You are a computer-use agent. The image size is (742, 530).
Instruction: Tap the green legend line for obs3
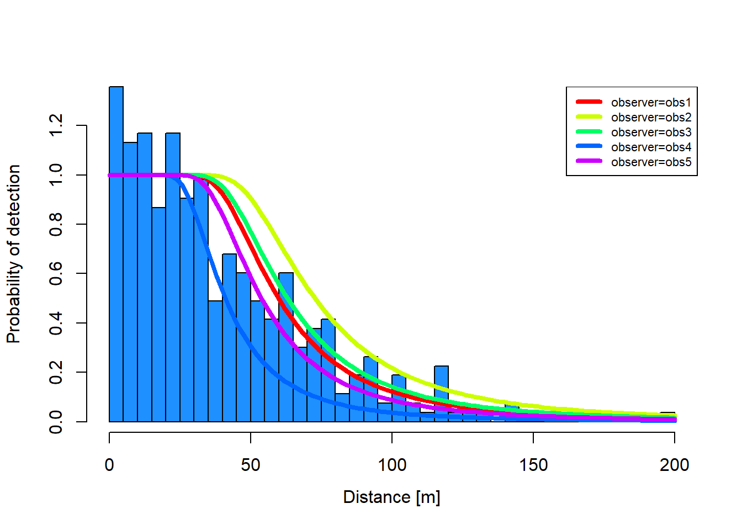[x=589, y=132]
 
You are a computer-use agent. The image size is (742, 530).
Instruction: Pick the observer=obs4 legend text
[x=651, y=147]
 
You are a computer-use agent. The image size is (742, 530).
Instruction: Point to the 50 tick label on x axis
[x=251, y=465]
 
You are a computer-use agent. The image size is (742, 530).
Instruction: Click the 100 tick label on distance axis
[x=392, y=465]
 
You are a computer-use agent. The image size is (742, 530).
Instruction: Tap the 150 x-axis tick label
[x=533, y=465]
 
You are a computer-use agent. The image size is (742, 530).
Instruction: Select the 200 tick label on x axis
[x=674, y=465]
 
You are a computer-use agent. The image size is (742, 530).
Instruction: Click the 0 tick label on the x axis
[x=109, y=465]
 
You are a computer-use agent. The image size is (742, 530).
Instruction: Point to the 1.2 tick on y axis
[x=56, y=126]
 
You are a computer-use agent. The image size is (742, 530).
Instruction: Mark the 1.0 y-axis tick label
[x=56, y=175]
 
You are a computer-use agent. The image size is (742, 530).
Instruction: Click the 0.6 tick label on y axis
[x=56, y=273]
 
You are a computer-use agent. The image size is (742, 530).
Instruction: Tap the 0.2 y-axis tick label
[x=56, y=372]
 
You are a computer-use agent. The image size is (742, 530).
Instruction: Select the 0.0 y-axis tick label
[x=56, y=421]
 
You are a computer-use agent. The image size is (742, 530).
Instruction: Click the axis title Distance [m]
[x=391, y=497]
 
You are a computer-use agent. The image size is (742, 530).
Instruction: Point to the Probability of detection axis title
[x=14, y=254]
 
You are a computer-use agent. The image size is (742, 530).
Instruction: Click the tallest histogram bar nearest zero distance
[x=116, y=254]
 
